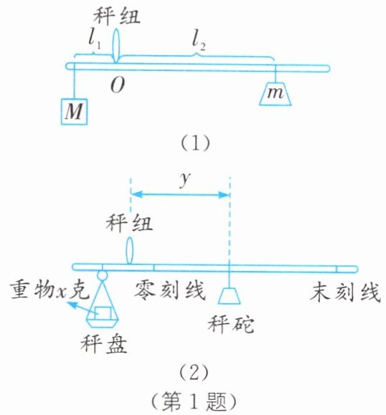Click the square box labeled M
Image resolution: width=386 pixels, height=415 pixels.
(74, 111)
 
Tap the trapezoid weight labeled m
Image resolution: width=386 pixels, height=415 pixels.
(276, 94)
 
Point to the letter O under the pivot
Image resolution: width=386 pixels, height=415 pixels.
(118, 85)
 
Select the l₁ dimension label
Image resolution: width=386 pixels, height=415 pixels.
(94, 42)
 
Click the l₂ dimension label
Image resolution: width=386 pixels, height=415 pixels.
(199, 42)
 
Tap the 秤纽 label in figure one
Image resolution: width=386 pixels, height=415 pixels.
(116, 16)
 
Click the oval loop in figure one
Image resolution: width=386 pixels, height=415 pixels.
(116, 46)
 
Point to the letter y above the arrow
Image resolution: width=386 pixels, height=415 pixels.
(185, 180)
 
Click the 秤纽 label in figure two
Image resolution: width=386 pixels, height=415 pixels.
(129, 223)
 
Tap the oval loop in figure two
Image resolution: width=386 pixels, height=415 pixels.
(129, 251)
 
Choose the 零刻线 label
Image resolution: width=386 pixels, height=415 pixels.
(170, 290)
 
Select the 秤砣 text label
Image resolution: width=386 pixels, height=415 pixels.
(231, 324)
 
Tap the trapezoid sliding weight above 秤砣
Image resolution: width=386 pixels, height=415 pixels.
(230, 295)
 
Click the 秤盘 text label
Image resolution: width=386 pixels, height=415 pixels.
(104, 344)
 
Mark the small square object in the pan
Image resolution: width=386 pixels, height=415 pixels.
(103, 313)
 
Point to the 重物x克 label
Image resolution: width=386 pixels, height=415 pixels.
(50, 290)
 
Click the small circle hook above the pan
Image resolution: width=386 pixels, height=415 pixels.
(102, 275)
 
